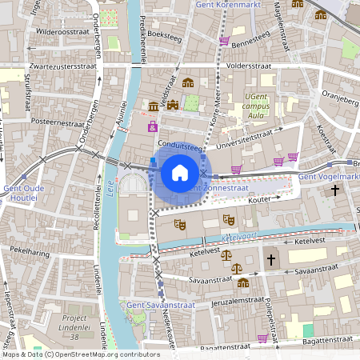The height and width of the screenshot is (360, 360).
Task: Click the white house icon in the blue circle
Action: [180, 172]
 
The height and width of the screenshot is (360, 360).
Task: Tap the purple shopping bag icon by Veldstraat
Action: [152, 126]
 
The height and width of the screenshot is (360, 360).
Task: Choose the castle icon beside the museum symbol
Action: [172, 106]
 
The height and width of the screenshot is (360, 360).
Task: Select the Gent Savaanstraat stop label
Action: [159, 305]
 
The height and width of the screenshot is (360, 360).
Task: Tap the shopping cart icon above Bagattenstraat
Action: [262, 338]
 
